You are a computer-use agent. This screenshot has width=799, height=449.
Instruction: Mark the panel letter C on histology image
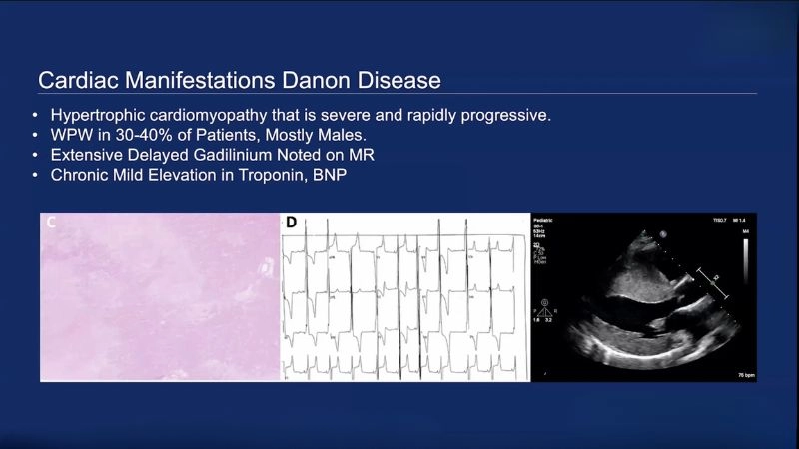click(50, 224)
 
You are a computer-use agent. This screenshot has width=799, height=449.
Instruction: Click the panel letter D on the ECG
click(291, 223)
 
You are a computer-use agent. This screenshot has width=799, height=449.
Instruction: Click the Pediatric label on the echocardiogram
click(546, 220)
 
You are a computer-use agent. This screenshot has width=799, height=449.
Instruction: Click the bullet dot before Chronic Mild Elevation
click(37, 175)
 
